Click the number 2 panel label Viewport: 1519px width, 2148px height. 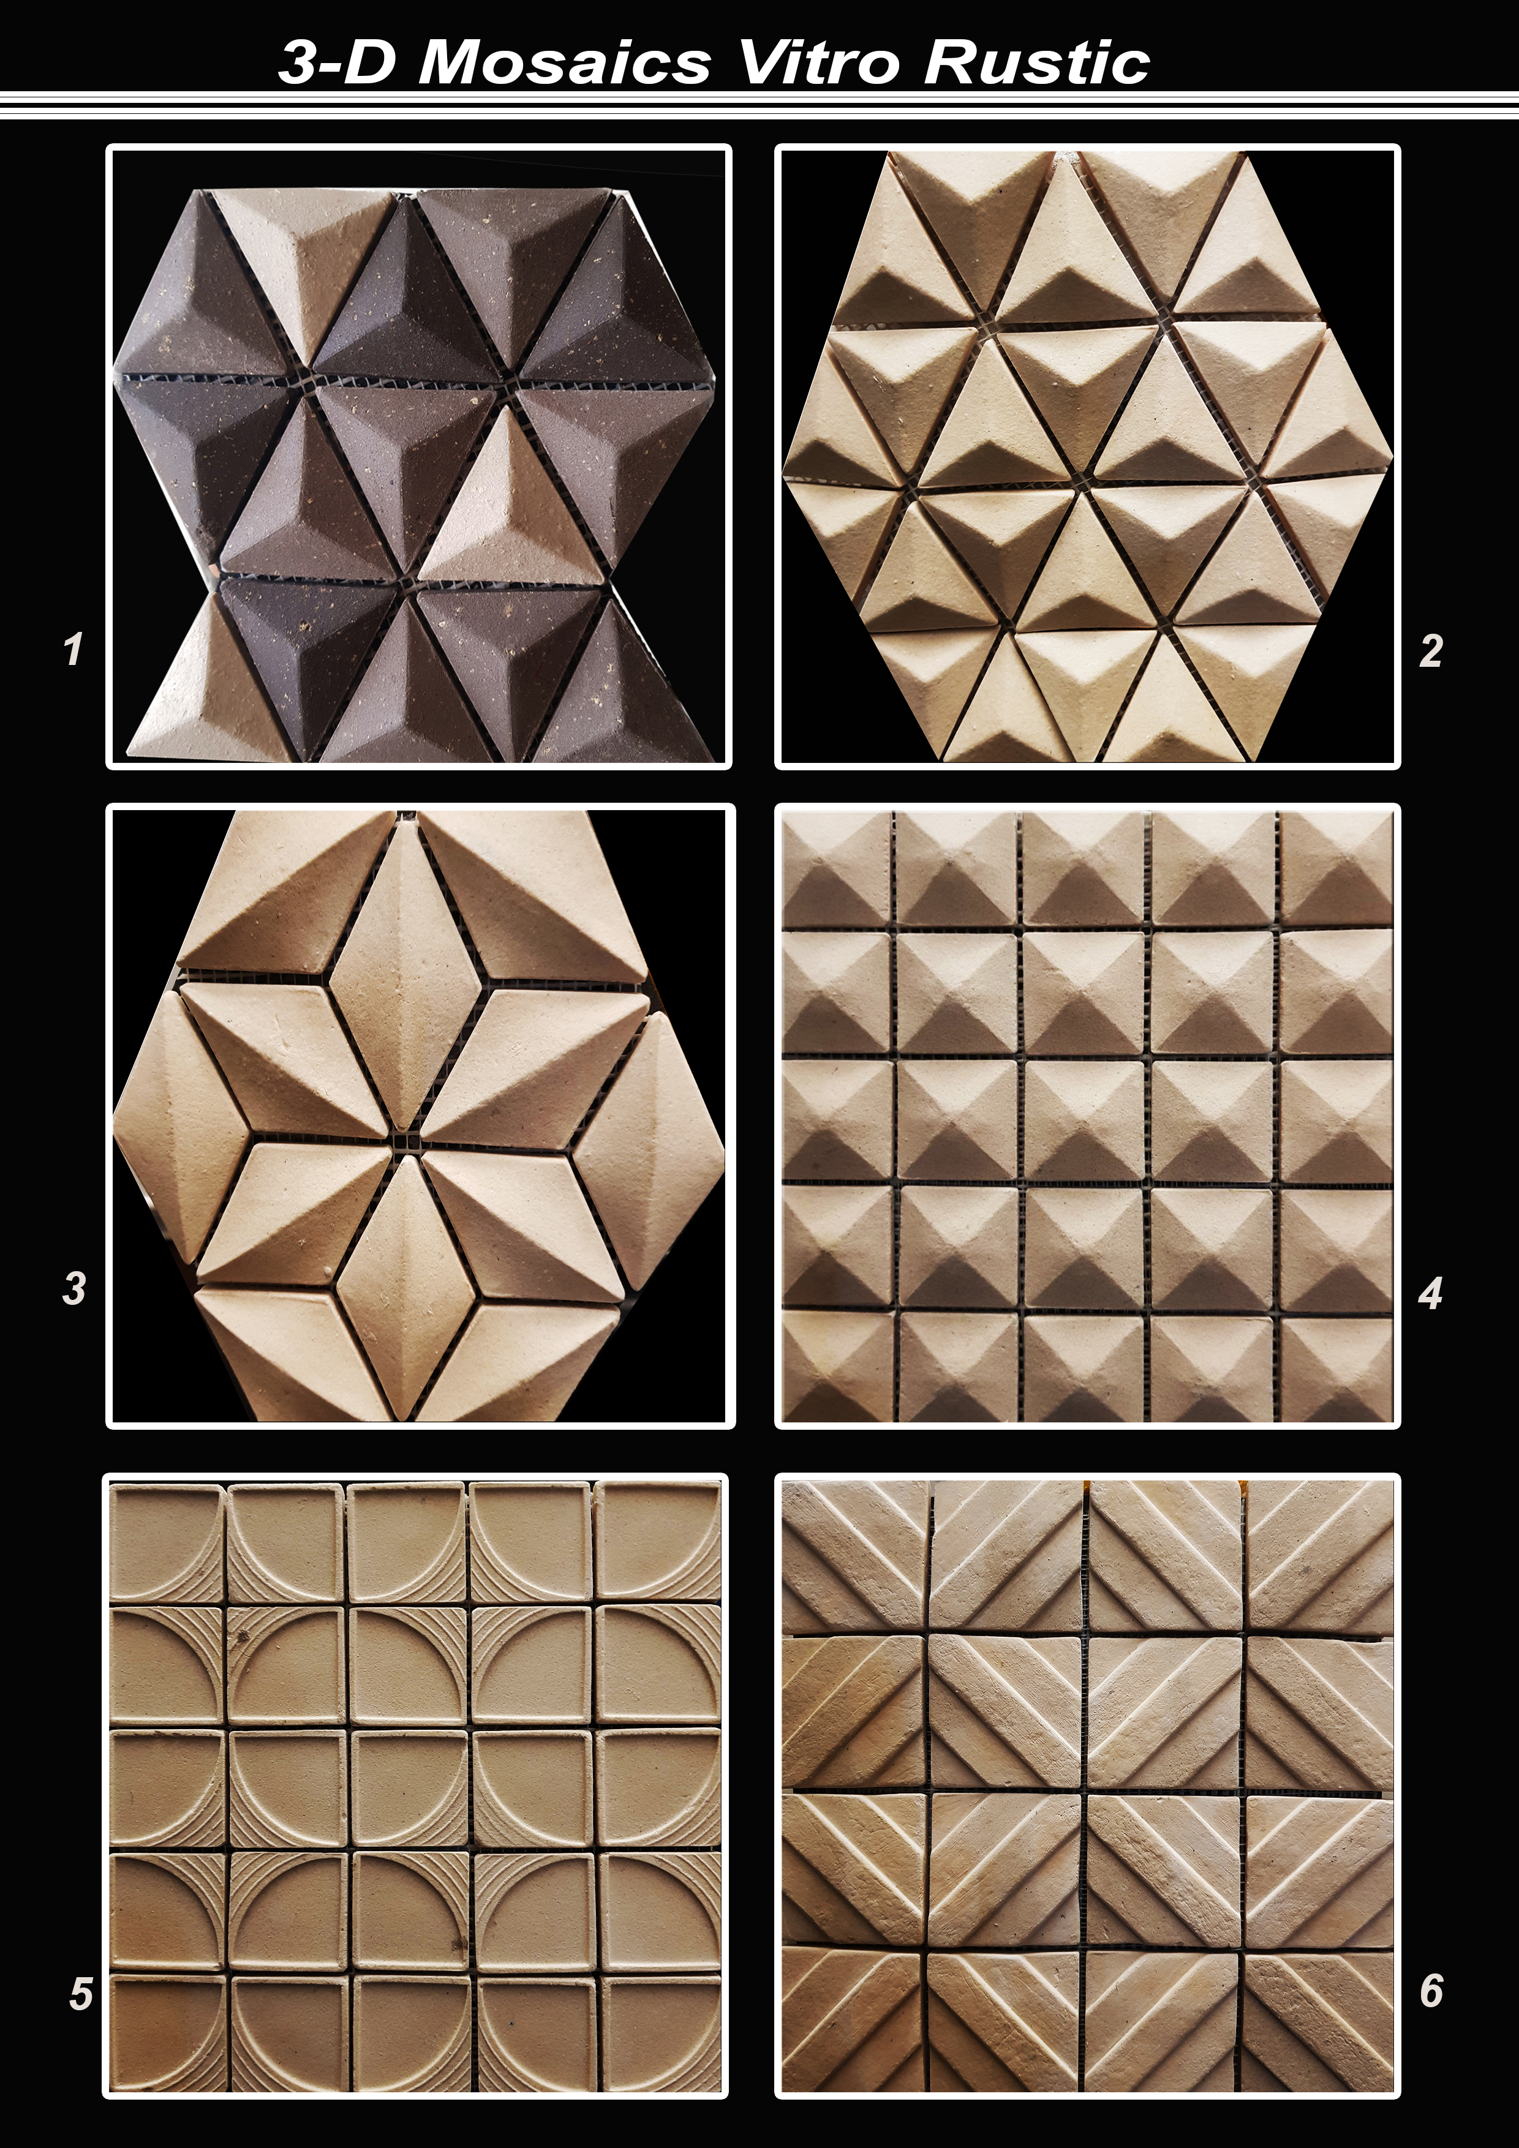(x=1430, y=650)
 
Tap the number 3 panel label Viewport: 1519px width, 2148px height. (x=74, y=1288)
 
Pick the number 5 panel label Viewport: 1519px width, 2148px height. (x=80, y=1994)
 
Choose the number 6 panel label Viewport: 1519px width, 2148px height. (x=1431, y=1990)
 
